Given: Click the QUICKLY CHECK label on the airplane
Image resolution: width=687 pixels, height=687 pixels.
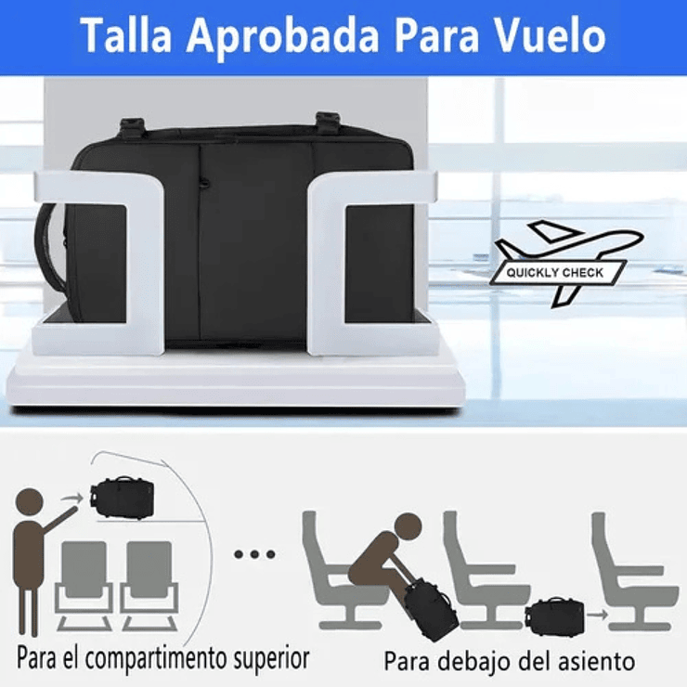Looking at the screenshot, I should tap(554, 273).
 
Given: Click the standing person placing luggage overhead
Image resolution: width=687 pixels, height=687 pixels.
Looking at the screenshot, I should tap(34, 557).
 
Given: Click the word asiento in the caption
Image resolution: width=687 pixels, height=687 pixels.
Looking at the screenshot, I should tap(592, 662).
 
